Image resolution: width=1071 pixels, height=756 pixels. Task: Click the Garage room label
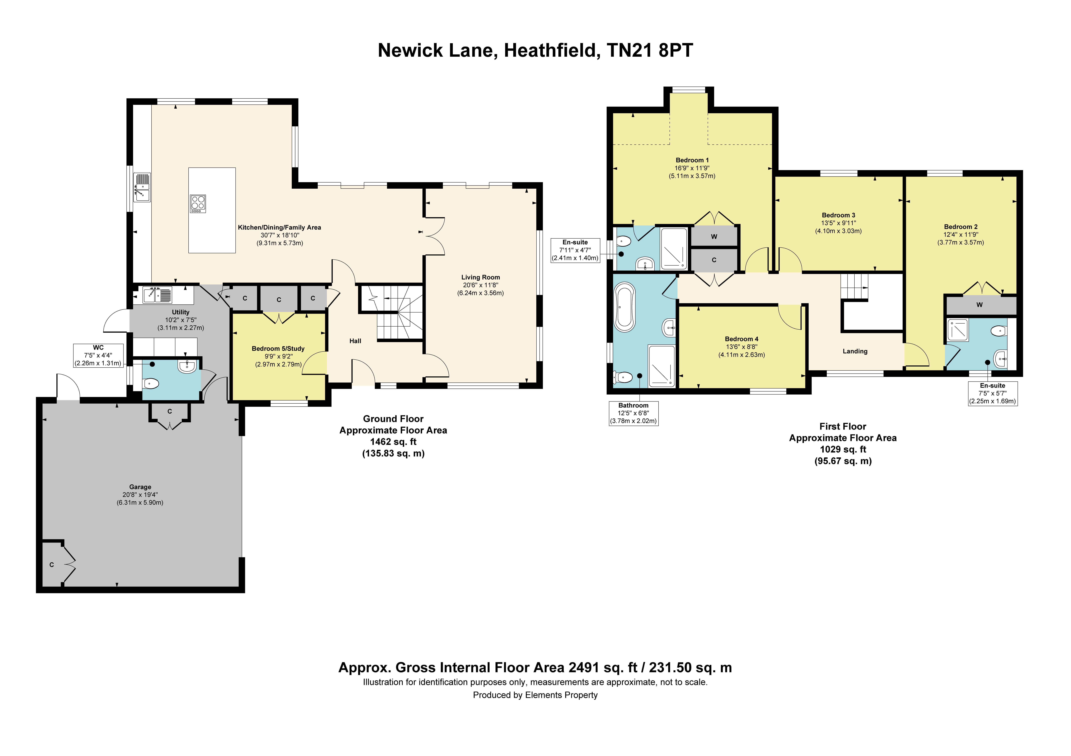140,487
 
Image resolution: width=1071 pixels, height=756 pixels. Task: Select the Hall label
356,341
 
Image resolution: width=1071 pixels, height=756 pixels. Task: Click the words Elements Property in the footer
562,695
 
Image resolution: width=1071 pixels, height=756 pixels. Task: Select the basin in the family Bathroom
669,328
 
